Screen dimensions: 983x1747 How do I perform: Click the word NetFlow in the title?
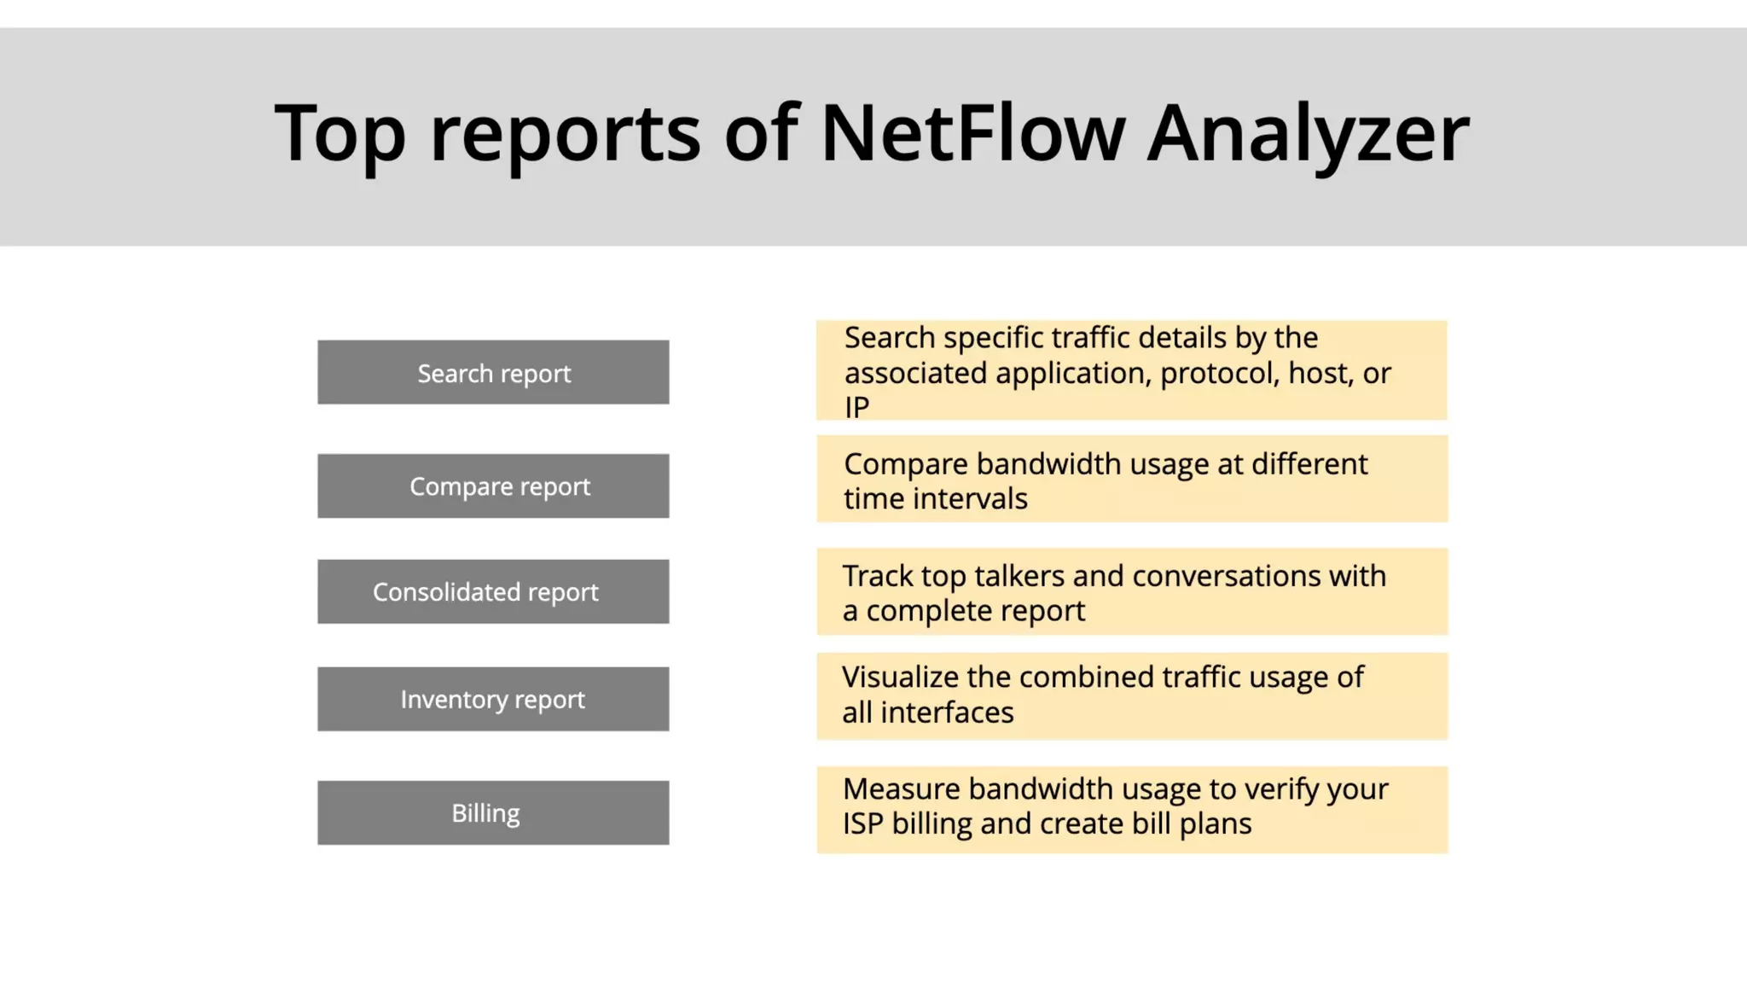pos(972,133)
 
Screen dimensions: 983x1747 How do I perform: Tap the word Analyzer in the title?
pos(1308,135)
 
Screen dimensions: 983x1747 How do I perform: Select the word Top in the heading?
pos(340,135)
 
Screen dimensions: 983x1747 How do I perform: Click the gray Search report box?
pos(493,373)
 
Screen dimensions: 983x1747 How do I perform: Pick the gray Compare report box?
pos(493,486)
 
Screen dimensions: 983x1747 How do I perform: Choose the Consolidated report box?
pos(493,592)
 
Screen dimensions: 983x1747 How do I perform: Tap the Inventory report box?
pos(493,700)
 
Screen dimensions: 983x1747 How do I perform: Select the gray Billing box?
pos(493,813)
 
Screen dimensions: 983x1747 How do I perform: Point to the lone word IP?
pos(856,408)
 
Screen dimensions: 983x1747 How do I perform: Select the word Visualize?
pos(900,678)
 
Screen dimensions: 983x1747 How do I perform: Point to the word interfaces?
pos(947,713)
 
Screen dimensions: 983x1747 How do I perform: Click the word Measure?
pos(902,789)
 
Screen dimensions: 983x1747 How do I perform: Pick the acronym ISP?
pos(862,824)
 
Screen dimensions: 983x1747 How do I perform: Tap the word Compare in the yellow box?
pos(906,465)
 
